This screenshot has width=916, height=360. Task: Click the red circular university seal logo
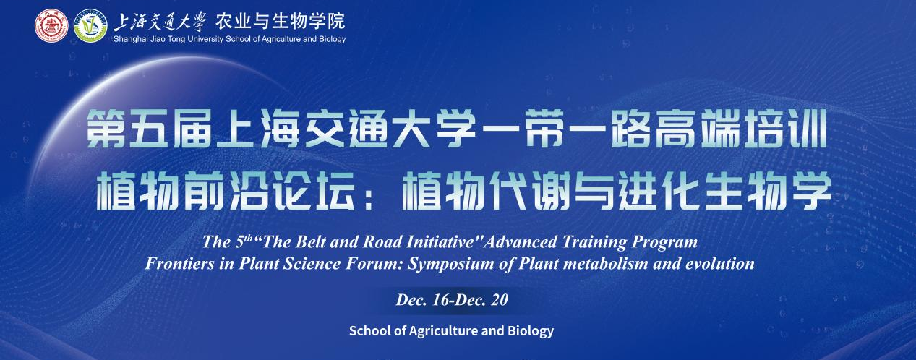[x=51, y=25]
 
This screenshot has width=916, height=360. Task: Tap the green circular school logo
[x=90, y=25]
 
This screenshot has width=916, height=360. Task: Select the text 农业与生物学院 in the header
[x=281, y=21]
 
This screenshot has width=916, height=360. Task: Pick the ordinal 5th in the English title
[x=244, y=241]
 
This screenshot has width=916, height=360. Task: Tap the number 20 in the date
[x=500, y=300]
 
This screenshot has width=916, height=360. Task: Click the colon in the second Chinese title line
[x=368, y=196]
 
